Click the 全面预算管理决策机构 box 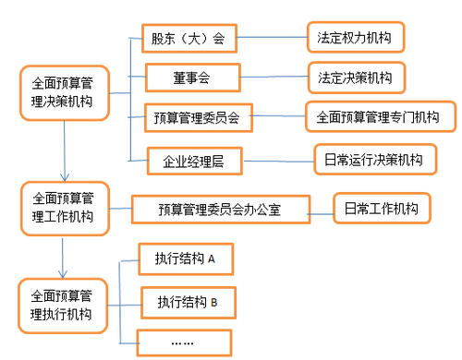pyautogui.click(x=64, y=92)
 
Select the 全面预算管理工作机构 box pyautogui.click(x=64, y=209)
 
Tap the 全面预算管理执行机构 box pyautogui.click(x=64, y=306)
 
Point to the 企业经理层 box pyautogui.click(x=196, y=161)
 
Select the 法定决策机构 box pyautogui.click(x=356, y=76)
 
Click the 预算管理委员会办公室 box pyautogui.click(x=219, y=210)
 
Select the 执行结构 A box pyautogui.click(x=186, y=259)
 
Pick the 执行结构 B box pyautogui.click(x=187, y=301)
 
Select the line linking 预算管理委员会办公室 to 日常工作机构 pyautogui.click(x=320, y=210)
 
